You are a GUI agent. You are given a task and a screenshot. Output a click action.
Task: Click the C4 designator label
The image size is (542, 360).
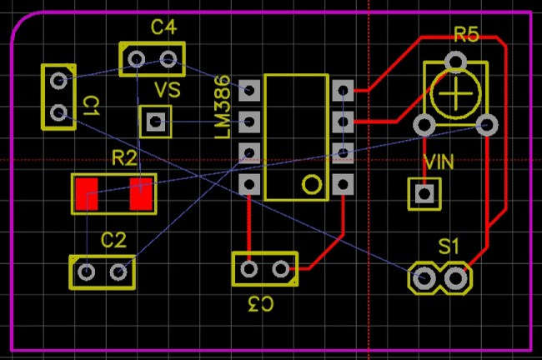(x=163, y=27)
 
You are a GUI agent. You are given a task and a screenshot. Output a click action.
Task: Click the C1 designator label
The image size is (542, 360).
(x=92, y=106)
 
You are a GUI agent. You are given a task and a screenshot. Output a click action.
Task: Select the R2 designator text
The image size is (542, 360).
(x=124, y=157)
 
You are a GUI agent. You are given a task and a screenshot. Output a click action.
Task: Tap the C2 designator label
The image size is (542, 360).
(x=113, y=241)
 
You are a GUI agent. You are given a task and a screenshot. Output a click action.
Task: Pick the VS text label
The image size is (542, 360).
(x=167, y=90)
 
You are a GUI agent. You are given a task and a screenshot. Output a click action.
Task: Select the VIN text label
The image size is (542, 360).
(x=439, y=162)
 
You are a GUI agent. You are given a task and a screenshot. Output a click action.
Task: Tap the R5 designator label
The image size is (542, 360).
(x=466, y=35)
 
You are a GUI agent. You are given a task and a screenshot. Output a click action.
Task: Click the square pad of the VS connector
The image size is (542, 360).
(x=155, y=122)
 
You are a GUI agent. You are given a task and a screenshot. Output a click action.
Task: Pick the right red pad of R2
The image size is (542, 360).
(x=141, y=195)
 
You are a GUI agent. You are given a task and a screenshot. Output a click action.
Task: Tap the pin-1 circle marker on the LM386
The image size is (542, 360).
(x=311, y=184)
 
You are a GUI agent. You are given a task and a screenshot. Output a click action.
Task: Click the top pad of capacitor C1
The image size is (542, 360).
(x=58, y=81)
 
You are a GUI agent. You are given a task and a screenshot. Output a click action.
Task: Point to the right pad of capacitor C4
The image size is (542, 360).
(x=168, y=58)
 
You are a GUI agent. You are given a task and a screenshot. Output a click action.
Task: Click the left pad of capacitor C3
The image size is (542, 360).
(x=248, y=268)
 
